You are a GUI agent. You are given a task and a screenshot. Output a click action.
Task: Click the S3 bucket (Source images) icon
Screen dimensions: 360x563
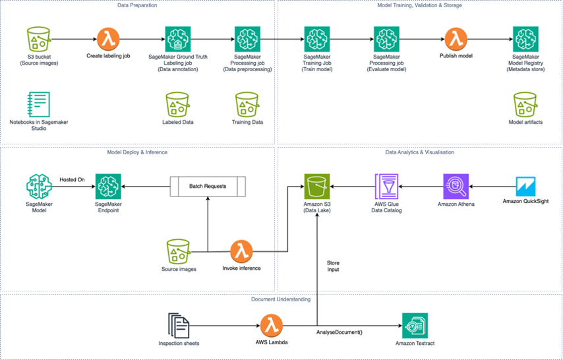click(39, 40)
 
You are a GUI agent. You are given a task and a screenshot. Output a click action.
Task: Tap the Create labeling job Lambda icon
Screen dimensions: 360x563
click(108, 39)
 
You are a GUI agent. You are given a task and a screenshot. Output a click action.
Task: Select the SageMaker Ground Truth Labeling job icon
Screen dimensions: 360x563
click(177, 40)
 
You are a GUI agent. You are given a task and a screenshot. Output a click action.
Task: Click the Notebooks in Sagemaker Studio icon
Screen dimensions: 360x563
click(39, 104)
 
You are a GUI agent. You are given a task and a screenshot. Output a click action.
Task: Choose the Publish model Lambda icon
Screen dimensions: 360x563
click(455, 39)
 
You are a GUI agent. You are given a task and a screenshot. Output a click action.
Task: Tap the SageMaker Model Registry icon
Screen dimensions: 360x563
click(525, 40)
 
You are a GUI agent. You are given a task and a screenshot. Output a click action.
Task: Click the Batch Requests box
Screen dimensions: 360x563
click(208, 186)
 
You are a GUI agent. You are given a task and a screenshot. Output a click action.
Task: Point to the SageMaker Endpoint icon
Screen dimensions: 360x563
click(108, 187)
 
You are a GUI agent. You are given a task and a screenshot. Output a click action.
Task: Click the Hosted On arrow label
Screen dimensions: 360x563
click(73, 179)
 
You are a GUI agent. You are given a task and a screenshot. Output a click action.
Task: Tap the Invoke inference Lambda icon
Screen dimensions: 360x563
click(241, 252)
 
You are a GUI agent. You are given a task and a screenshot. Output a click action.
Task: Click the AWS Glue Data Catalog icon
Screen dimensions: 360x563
click(387, 187)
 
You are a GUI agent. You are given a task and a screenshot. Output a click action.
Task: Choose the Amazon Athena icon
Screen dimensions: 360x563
click(456, 187)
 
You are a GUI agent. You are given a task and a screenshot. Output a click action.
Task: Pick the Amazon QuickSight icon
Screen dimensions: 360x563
click(525, 187)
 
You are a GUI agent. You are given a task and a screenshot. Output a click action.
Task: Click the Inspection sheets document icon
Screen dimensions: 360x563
click(178, 326)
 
